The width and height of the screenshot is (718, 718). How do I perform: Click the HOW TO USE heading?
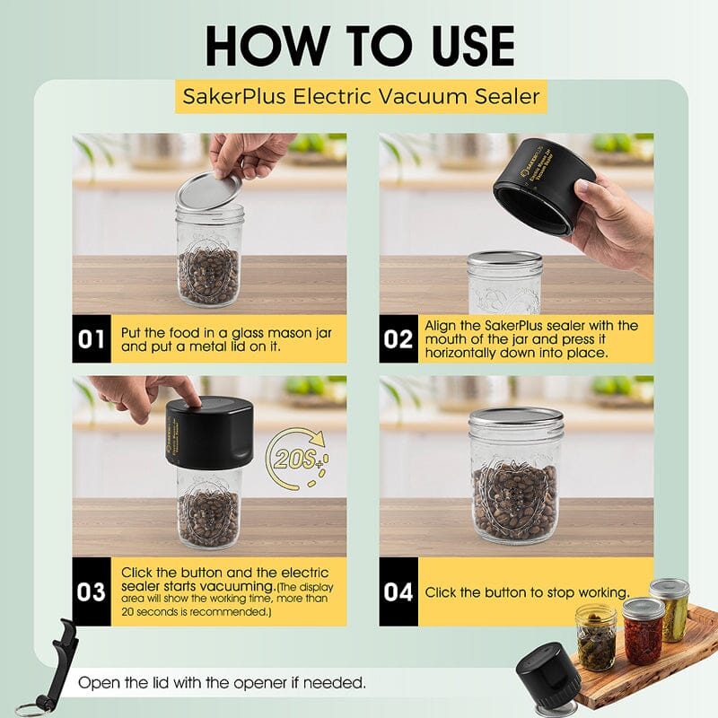[x=359, y=45]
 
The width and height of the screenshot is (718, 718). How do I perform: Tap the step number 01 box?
[x=92, y=338]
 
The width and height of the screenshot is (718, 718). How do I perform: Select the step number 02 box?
[x=398, y=338]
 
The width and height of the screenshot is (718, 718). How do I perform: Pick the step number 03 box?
[x=92, y=591]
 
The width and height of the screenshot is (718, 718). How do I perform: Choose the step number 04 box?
[x=398, y=591]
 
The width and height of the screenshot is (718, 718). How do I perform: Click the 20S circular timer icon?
[x=299, y=461]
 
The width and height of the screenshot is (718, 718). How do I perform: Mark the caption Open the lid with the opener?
[x=222, y=683]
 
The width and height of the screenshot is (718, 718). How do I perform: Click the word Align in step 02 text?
[x=444, y=325]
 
